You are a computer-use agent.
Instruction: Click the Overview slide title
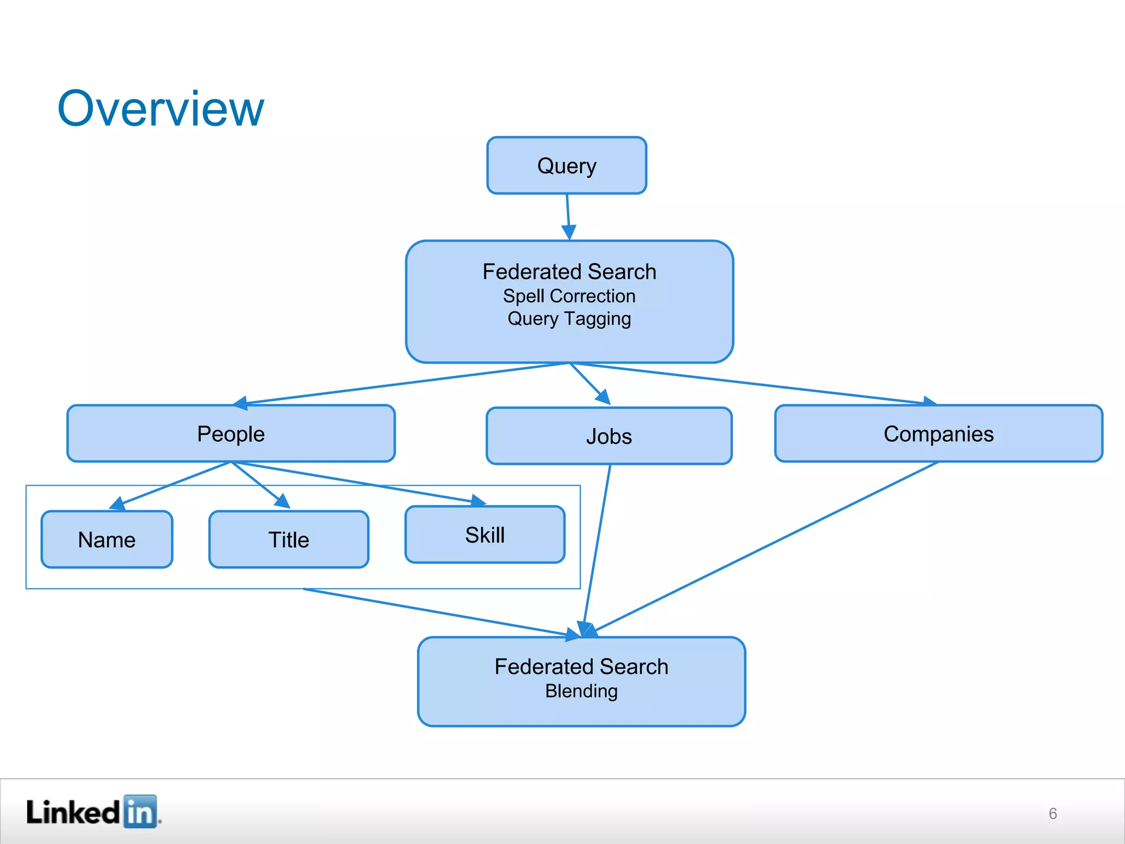(160, 109)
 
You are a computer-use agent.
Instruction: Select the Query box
(566, 165)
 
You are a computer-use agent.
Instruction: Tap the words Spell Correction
(569, 296)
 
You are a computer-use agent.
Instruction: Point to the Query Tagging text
(569, 319)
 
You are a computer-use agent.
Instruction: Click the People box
(231, 434)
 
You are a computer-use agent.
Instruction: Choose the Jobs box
(609, 436)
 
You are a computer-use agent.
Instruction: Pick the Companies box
(938, 434)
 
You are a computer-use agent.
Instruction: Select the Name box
(107, 540)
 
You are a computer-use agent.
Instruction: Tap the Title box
(288, 540)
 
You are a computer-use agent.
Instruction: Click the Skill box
(484, 535)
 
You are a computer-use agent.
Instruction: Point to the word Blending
(581, 691)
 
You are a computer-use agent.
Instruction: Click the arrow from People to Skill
(357, 482)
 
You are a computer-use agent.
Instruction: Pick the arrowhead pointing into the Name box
(118, 503)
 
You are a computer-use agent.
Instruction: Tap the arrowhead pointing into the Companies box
(929, 402)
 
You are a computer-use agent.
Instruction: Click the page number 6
(1052, 813)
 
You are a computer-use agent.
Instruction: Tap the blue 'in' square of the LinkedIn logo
(140, 811)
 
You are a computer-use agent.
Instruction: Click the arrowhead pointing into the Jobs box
(604, 397)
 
